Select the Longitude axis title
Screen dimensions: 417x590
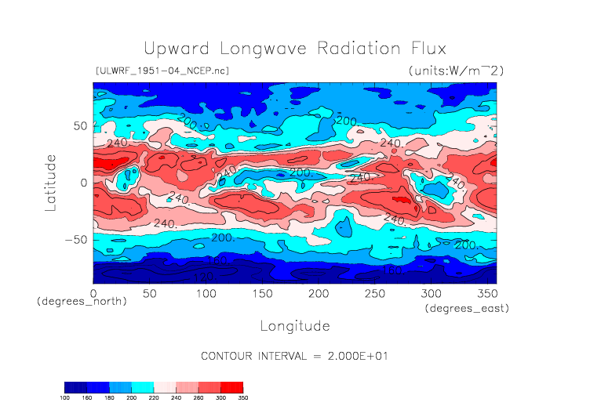coord(294,325)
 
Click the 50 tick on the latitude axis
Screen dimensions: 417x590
coord(79,125)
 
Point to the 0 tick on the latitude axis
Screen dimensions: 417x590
coord(84,183)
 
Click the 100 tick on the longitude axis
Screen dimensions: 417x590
coord(206,293)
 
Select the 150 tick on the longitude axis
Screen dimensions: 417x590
coord(262,293)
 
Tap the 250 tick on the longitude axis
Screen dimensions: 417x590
coord(374,293)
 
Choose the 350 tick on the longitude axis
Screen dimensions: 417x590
coord(486,293)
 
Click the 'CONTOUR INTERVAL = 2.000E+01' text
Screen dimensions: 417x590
coord(294,357)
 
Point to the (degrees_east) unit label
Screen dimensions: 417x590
coord(468,309)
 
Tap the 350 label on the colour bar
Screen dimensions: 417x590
coord(243,399)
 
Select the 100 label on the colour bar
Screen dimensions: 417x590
coord(65,399)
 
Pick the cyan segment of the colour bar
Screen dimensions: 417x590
coord(144,386)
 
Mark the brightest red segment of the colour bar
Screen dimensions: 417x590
coord(233,386)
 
